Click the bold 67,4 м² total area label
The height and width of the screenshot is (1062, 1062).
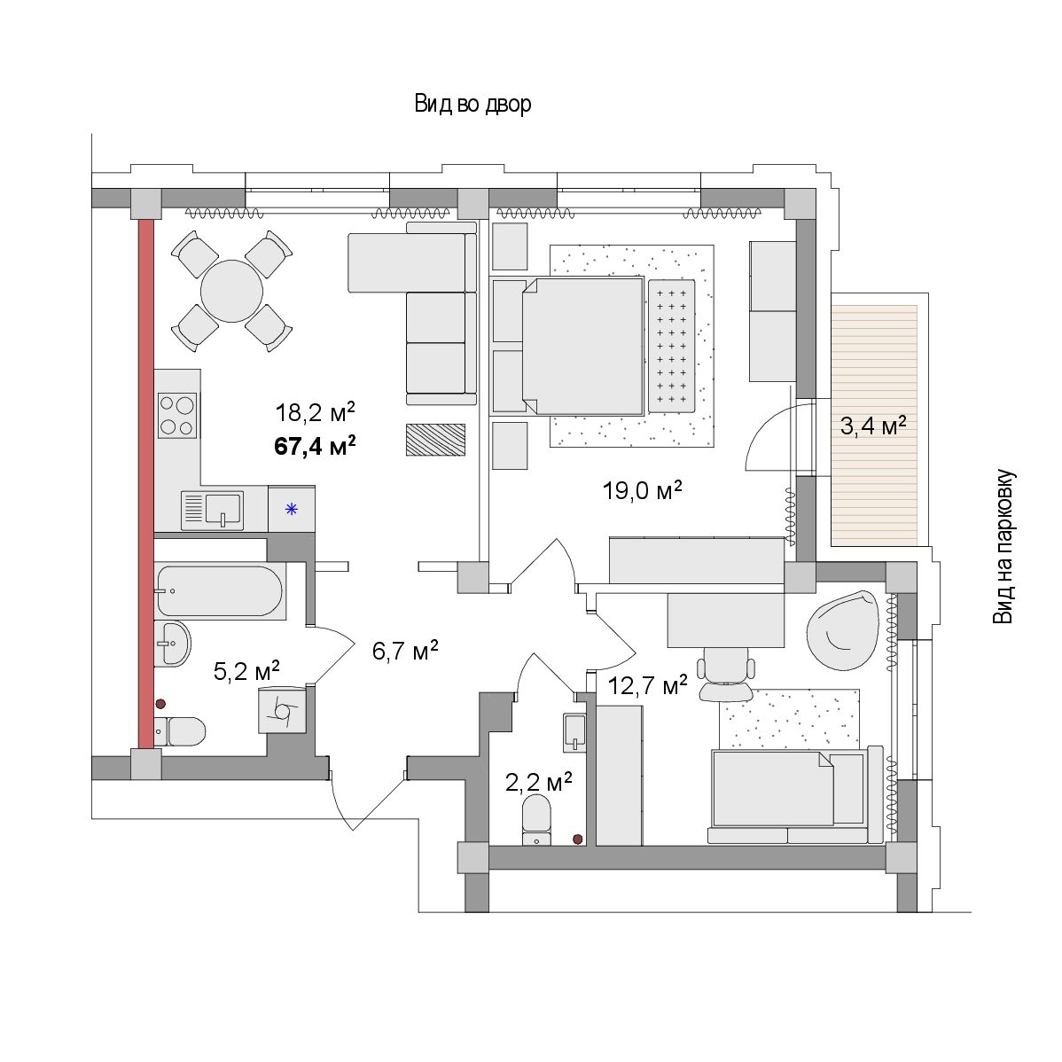point(315,446)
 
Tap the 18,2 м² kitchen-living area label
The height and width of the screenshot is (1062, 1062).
point(315,412)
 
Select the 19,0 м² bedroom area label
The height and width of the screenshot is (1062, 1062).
point(642,489)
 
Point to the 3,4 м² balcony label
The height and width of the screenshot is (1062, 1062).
point(874,426)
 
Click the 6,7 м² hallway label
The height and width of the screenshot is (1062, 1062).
point(405,650)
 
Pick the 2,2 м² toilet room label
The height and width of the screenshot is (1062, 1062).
point(538,782)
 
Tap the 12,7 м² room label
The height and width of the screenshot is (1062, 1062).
point(647,685)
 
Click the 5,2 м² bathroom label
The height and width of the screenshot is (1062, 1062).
point(246,671)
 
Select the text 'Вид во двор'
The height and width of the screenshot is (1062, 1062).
point(472,105)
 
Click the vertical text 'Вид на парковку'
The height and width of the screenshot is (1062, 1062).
point(1003,547)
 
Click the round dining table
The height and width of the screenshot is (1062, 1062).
point(231,292)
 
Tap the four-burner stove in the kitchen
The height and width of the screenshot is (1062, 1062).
point(176,415)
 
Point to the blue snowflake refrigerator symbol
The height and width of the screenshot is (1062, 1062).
point(292,509)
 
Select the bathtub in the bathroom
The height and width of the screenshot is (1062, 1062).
point(220,590)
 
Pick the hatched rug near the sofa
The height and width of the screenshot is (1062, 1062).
point(435,440)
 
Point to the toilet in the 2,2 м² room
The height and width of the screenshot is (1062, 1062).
point(537,819)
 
